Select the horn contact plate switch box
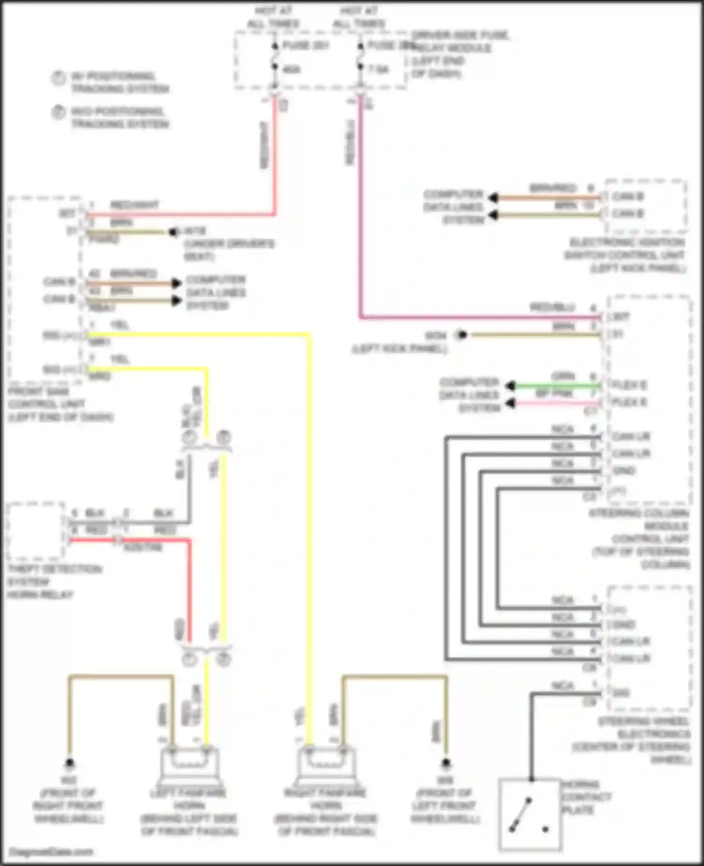point(530,814)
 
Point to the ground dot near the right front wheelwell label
point(69,763)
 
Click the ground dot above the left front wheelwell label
point(445,763)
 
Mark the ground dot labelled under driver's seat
point(173,232)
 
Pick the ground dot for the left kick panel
point(462,334)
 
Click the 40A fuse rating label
point(292,69)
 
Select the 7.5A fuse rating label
point(378,69)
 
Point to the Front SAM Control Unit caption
point(60,404)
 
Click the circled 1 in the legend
point(58,78)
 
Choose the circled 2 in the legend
point(58,113)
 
